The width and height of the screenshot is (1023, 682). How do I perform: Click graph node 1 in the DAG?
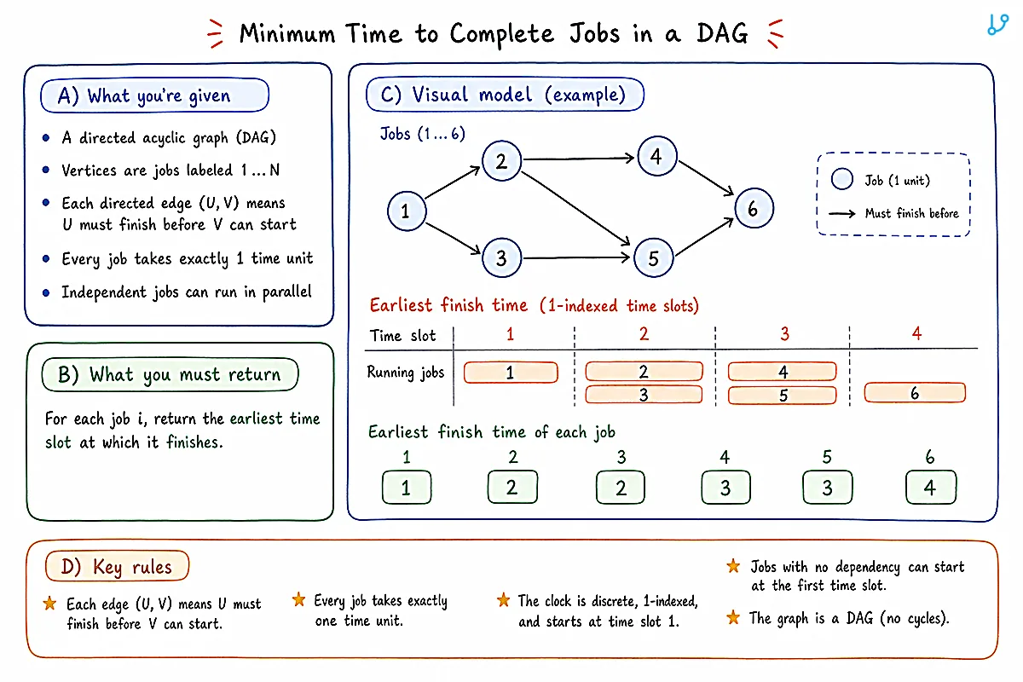point(407,211)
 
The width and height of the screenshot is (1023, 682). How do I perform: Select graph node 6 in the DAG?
point(754,208)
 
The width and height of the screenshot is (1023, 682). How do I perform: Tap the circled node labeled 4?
point(656,156)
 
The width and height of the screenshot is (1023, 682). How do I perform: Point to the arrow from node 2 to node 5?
point(576,208)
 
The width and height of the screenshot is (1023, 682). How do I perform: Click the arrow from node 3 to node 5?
point(576,258)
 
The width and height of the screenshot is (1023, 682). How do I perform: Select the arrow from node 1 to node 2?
point(453,182)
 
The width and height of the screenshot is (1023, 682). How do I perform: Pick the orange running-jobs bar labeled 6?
point(915,393)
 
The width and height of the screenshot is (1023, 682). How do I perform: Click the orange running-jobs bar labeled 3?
point(644,395)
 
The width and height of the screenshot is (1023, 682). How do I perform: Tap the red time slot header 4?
point(916,333)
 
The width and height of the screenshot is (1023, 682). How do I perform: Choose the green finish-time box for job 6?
point(931,488)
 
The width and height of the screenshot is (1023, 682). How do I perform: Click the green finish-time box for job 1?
point(407,488)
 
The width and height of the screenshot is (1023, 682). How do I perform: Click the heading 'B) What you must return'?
point(170,374)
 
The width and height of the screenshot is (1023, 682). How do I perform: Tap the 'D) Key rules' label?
point(117,566)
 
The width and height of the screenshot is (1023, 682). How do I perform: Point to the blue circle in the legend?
point(841,179)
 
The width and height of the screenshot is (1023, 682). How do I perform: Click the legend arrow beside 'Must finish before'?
point(841,213)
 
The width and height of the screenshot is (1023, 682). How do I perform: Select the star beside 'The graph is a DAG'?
point(733,617)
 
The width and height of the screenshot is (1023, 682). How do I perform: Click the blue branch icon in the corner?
point(997,24)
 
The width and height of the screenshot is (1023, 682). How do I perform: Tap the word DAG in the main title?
point(722,33)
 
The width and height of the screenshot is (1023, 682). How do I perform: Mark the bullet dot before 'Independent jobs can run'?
point(46,292)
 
